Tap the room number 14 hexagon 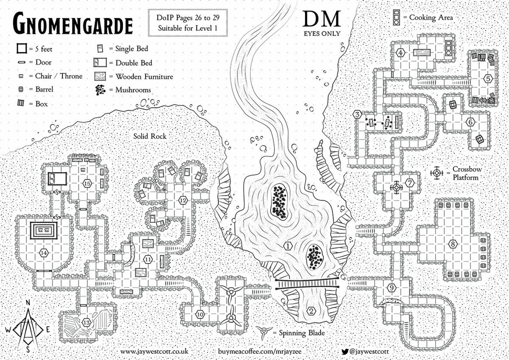(x=43, y=253)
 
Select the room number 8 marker (x=453, y=244)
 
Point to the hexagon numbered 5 (x=488, y=78)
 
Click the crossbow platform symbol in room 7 (x=397, y=187)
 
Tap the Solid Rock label (x=150, y=137)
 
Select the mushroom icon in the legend (x=101, y=90)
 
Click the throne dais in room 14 (x=44, y=231)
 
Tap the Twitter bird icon (x=345, y=352)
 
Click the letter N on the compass (x=28, y=302)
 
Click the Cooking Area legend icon (x=397, y=17)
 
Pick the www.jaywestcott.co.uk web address (x=154, y=352)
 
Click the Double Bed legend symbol (x=99, y=63)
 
